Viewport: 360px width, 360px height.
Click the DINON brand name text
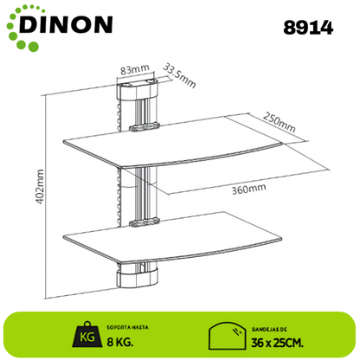pos(66,24)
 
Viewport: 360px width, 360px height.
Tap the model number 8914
pos(308,28)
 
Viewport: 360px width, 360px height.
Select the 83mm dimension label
pos(135,69)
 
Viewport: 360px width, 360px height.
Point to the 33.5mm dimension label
pos(179,75)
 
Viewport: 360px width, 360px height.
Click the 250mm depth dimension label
pos(280,122)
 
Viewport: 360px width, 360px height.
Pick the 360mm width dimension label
pos(248,189)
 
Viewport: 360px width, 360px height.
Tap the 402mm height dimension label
pos(40,187)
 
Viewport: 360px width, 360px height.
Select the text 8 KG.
pos(120,342)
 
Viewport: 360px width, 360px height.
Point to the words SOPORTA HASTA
pos(127,327)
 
